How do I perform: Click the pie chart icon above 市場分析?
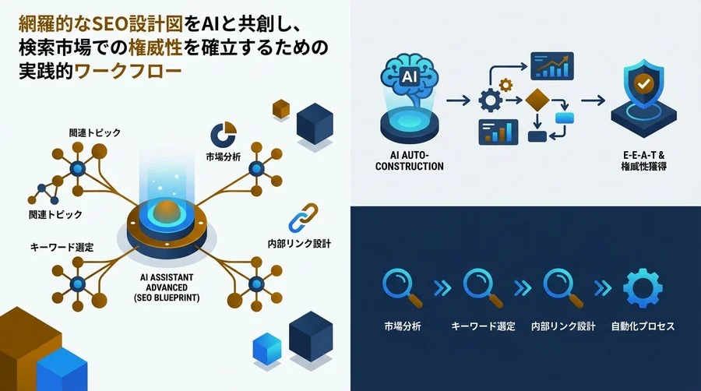click(224, 132)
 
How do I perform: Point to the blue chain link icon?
click(300, 220)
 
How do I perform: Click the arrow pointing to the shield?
click(594, 100)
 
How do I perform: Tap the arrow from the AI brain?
click(461, 100)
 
